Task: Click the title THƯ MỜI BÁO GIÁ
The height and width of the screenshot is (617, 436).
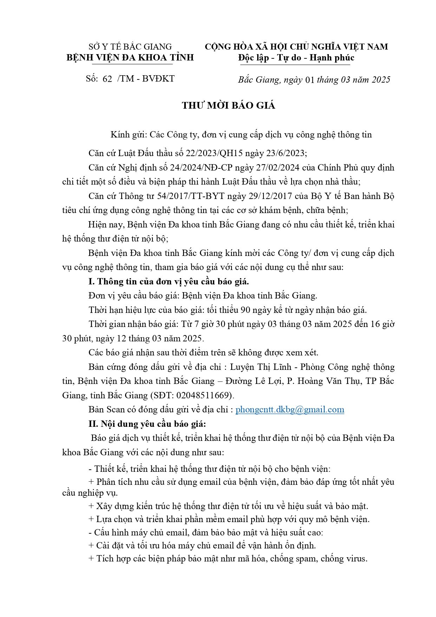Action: click(x=228, y=105)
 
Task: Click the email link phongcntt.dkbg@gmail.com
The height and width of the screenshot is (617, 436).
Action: click(x=289, y=410)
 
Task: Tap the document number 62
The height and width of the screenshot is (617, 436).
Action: click(x=107, y=79)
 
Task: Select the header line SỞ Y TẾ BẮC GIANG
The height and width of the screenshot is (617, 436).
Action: click(x=130, y=47)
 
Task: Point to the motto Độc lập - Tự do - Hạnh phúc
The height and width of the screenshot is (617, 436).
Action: click(x=296, y=58)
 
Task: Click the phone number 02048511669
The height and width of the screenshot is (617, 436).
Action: click(x=203, y=395)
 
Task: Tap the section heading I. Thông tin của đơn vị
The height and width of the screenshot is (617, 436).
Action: click(x=169, y=282)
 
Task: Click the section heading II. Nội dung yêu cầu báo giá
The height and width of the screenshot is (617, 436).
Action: click(x=147, y=424)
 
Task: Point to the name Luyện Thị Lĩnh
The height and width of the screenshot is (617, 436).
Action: click(x=261, y=367)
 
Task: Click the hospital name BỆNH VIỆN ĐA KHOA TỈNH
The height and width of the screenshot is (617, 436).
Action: click(x=130, y=58)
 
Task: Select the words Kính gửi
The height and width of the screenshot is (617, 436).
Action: click(x=128, y=135)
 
